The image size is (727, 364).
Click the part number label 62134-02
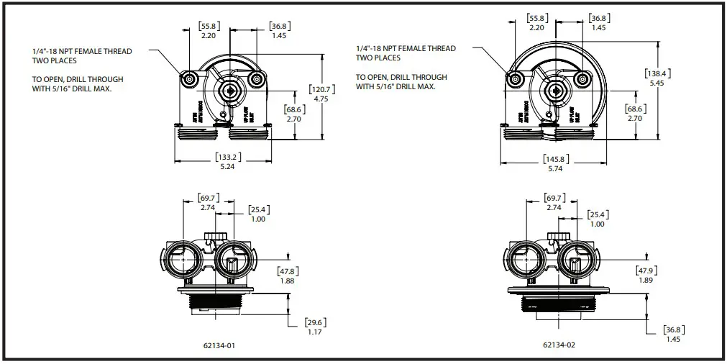(559, 345)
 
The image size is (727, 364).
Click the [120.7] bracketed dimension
(320, 89)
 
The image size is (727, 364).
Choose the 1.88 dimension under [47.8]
(287, 281)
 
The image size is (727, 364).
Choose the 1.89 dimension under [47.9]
(644, 281)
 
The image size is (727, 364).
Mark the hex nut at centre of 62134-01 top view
(230, 89)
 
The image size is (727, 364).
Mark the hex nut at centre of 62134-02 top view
(555, 89)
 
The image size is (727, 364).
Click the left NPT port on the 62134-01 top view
(190, 79)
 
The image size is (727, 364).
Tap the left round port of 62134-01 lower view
(176, 258)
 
